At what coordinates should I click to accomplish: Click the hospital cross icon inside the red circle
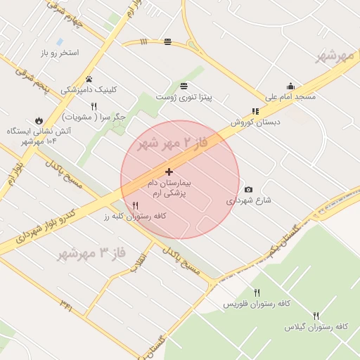pyautogui.click(x=169, y=172)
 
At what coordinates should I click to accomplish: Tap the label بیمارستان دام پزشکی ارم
pyautogui.click(x=169, y=186)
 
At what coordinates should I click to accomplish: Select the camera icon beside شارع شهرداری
pyautogui.click(x=248, y=189)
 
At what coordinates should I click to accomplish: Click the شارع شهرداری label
pyautogui.click(x=249, y=200)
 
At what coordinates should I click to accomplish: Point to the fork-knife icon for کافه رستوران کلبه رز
pyautogui.click(x=136, y=205)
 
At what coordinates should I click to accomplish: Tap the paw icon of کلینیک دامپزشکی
pyautogui.click(x=89, y=79)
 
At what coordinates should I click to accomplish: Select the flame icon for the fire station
pyautogui.click(x=37, y=120)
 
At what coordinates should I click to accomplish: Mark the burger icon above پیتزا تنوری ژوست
pyautogui.click(x=184, y=85)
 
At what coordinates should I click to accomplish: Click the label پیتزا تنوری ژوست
pyautogui.click(x=184, y=96)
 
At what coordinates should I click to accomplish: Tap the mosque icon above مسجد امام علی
pyautogui.click(x=290, y=86)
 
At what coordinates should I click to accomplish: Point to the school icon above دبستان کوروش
pyautogui.click(x=255, y=111)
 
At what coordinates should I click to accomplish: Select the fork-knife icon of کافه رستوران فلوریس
pyautogui.click(x=257, y=292)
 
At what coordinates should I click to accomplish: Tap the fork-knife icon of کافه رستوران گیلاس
pyautogui.click(x=316, y=316)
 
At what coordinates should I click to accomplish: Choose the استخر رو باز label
pyautogui.click(x=59, y=53)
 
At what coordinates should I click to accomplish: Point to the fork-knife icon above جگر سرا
pyautogui.click(x=94, y=105)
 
